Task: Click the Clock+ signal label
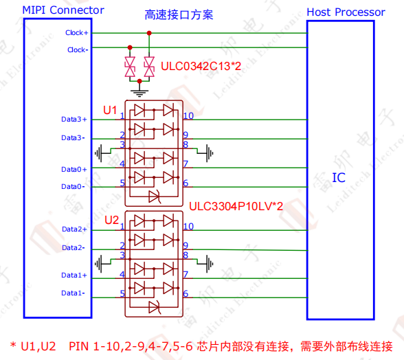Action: click(76, 33)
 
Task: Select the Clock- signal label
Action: click(77, 49)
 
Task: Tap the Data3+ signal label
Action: click(74, 120)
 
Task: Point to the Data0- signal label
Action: click(74, 186)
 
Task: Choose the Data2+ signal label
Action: click(74, 229)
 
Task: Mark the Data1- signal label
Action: click(74, 293)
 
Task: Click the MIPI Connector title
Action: click(63, 10)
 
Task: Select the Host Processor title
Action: click(346, 12)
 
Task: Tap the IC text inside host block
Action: click(339, 178)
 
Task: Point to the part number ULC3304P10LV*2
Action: click(236, 205)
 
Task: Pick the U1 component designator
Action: click(110, 110)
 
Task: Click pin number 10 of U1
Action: click(188, 115)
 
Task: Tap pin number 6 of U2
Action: click(186, 293)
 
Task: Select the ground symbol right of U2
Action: click(210, 262)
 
